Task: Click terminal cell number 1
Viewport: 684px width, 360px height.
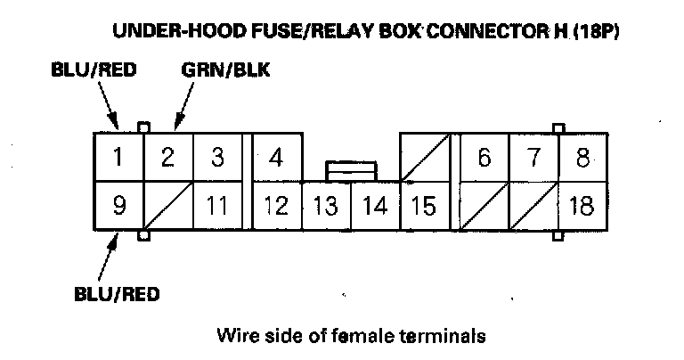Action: [118, 157]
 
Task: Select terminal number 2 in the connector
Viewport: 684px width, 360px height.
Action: [167, 157]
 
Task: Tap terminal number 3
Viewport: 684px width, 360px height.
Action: [216, 157]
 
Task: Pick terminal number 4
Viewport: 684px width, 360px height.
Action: [276, 158]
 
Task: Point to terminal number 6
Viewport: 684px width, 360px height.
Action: [484, 158]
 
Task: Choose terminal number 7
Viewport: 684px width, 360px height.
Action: [533, 158]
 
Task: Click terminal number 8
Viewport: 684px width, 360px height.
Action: [583, 158]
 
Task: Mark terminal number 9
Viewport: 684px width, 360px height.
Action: [118, 206]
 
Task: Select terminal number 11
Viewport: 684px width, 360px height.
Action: [216, 206]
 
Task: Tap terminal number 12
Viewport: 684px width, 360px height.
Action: [276, 206]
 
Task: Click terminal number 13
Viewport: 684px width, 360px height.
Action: [326, 206]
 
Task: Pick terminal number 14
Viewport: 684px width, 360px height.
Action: [376, 206]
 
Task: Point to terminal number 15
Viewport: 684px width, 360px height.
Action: [424, 206]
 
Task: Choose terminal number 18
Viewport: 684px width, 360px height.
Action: [582, 206]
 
